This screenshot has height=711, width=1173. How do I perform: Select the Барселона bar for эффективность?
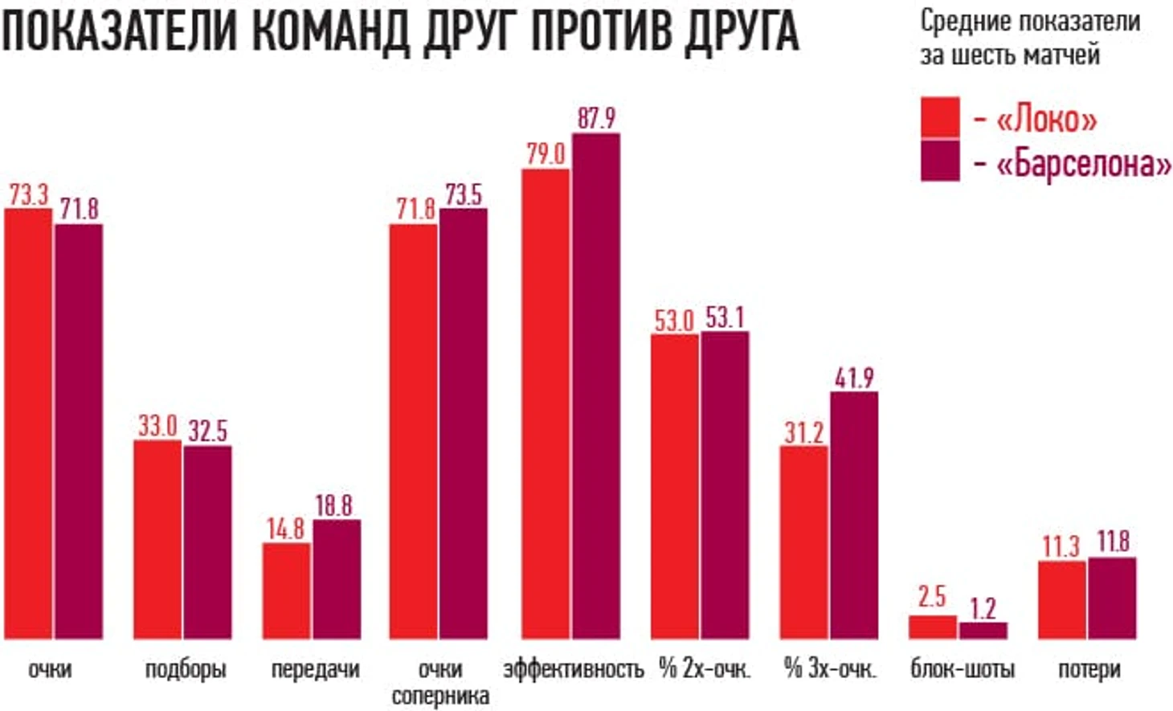coord(595,386)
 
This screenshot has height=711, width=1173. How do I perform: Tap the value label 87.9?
coord(596,118)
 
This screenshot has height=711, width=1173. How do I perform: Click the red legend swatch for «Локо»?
coord(939,118)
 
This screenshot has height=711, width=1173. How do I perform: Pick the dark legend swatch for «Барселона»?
coord(939,161)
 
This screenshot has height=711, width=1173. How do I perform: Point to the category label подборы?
coord(186,669)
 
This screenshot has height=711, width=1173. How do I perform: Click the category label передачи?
coord(314,669)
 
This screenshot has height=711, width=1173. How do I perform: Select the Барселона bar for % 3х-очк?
coord(854,515)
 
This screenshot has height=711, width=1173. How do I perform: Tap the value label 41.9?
coord(854,378)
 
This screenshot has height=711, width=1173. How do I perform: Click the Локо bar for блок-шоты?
coord(932,627)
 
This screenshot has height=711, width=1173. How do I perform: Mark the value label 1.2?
coord(983,608)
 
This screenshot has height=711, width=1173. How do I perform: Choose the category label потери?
coord(1089,669)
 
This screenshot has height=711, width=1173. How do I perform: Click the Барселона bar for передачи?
coord(337,579)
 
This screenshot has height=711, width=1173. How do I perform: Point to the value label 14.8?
coord(286,529)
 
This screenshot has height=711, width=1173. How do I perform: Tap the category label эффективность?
coord(573,669)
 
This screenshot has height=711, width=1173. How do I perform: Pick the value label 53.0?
coord(674,321)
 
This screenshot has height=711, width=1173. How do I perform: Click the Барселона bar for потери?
coord(1112,598)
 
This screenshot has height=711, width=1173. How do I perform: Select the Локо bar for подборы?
coord(157,539)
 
